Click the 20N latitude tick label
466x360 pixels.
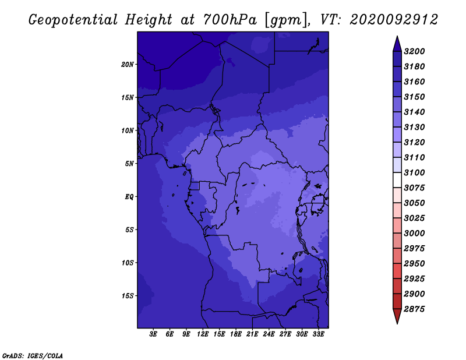(127, 65)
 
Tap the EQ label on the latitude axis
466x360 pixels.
(129, 197)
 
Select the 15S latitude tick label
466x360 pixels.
(127, 296)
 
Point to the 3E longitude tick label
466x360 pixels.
(153, 334)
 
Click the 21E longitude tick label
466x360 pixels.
(252, 334)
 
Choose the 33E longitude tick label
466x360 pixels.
(318, 334)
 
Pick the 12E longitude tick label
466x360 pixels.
(203, 334)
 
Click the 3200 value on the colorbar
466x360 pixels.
(414, 51)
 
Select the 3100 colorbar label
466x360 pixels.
(414, 172)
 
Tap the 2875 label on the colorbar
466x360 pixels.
(414, 309)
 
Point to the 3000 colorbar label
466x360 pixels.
(414, 233)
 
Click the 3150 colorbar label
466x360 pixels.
(414, 97)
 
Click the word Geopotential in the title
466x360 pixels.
(73, 20)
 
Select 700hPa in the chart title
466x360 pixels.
(230, 20)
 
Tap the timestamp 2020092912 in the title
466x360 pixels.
(394, 20)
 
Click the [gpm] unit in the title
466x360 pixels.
(285, 20)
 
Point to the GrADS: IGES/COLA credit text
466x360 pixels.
(33, 355)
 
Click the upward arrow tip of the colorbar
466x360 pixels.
(397, 36)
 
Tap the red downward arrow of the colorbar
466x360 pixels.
(397, 316)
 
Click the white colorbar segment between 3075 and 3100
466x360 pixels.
(397, 180)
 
